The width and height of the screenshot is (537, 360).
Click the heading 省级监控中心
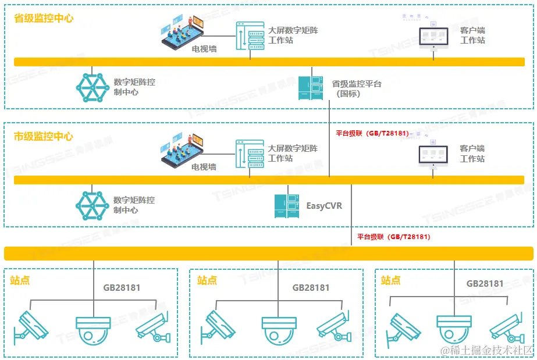[44, 18]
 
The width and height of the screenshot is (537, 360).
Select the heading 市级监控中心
[44, 137]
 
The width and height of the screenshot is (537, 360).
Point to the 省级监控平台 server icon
[311, 88]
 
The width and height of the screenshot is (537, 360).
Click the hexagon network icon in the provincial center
[93, 88]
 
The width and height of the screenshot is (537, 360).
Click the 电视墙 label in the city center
[204, 167]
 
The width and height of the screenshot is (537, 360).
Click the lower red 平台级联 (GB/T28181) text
[393, 237]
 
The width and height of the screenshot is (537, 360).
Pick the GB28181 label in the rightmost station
[485, 284]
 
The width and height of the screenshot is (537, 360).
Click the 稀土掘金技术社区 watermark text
[486, 350]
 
